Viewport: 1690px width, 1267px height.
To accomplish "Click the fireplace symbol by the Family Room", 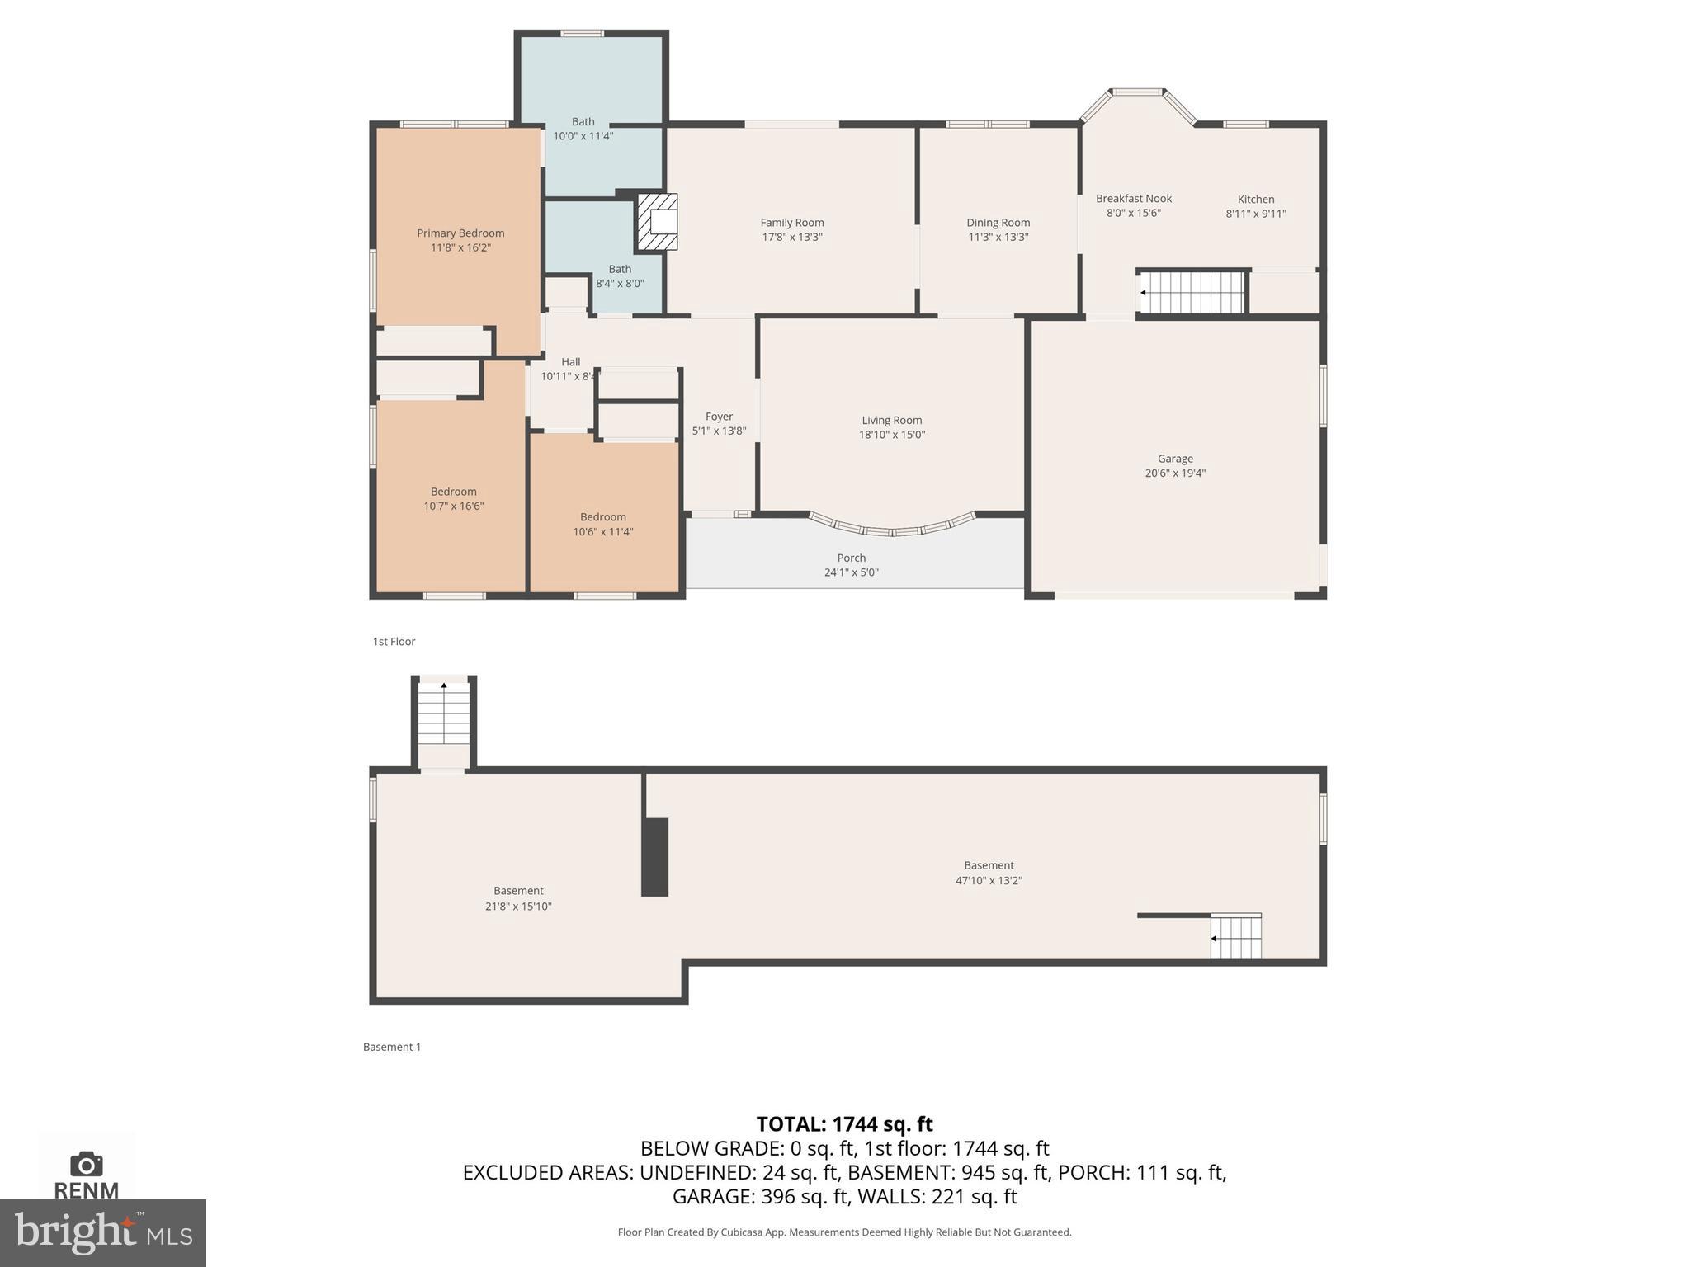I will click(658, 222).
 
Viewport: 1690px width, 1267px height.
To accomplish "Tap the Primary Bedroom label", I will click(460, 233).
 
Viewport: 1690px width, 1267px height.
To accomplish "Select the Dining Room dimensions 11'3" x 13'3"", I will click(998, 238).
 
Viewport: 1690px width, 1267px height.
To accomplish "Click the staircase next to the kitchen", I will click(1192, 292).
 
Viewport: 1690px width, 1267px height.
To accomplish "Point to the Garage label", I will click(1175, 459).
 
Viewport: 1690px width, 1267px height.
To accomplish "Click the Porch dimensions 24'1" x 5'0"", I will click(852, 572).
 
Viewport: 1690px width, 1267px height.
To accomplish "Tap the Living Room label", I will click(892, 421).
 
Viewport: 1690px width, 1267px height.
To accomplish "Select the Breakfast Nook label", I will click(1134, 199).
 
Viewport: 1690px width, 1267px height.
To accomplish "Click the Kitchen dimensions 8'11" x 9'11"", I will click(1256, 214).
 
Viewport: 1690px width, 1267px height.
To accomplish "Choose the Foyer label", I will click(719, 417).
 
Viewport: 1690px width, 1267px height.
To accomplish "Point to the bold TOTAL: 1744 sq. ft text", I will click(844, 1124).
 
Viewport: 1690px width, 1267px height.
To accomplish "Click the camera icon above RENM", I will click(87, 1164).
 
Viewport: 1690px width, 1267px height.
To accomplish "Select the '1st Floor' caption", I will click(394, 642).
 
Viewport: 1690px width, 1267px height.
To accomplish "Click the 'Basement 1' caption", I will click(392, 1047).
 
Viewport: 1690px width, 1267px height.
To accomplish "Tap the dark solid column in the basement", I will click(655, 857).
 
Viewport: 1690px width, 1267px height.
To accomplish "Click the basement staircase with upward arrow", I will click(444, 714).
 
